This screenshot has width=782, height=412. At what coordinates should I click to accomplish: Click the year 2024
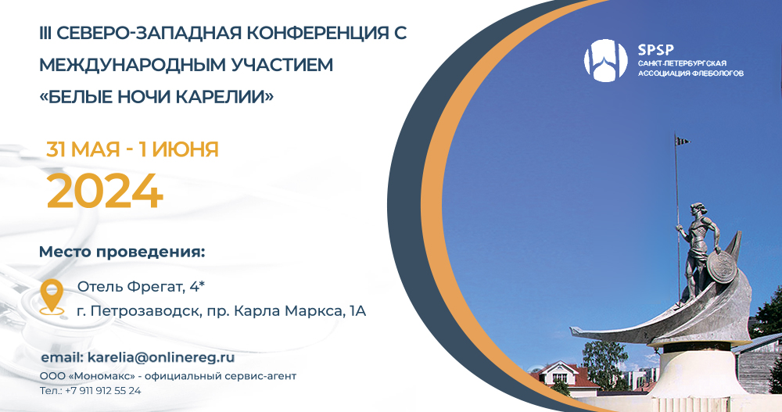tap(105, 190)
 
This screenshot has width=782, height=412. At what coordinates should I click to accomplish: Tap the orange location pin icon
tap(52, 296)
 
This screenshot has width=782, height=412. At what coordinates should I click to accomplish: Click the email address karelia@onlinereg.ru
tap(160, 356)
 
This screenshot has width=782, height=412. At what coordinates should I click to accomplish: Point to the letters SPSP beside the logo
tap(655, 47)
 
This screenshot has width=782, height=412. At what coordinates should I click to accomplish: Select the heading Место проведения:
tap(122, 253)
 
